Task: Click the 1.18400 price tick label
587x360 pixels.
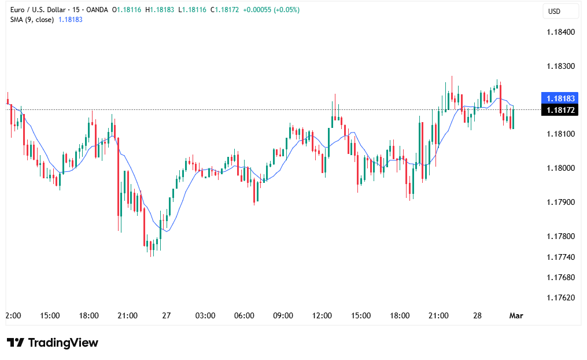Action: click(x=560, y=32)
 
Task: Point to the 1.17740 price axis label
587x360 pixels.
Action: click(x=560, y=257)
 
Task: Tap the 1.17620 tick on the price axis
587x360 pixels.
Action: click(x=560, y=298)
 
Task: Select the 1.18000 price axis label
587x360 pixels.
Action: click(x=560, y=168)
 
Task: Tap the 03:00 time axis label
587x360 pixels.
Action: click(x=205, y=316)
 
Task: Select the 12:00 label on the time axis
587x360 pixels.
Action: click(x=322, y=316)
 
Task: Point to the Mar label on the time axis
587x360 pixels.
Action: click(x=516, y=316)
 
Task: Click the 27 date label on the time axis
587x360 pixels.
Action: click(x=167, y=316)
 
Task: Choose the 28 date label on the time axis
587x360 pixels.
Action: click(x=478, y=316)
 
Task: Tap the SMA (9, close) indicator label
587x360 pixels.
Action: click(x=32, y=20)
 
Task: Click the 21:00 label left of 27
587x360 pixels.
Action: click(x=127, y=316)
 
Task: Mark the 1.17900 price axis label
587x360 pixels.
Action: click(x=560, y=203)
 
